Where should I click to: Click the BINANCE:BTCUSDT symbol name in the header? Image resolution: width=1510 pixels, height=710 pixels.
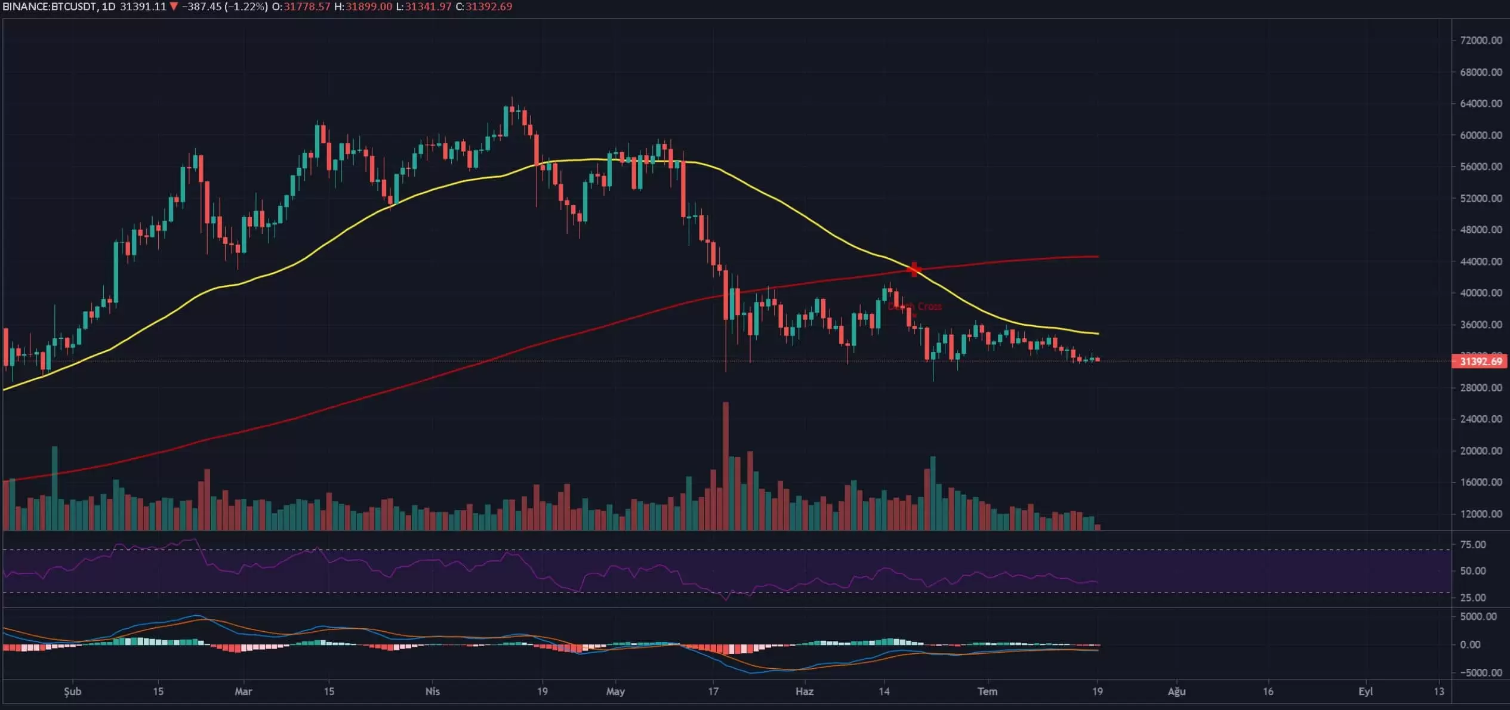pyautogui.click(x=48, y=7)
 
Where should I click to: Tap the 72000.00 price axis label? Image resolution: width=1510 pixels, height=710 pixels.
pyautogui.click(x=1481, y=41)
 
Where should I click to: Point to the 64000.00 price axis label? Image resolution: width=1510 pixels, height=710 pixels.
pyautogui.click(x=1481, y=104)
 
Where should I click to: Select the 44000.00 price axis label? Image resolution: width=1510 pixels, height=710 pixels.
pyautogui.click(x=1481, y=261)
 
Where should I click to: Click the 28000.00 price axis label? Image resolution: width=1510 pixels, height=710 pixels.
pyautogui.click(x=1481, y=388)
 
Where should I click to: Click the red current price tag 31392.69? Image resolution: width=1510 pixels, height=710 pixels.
pyautogui.click(x=1481, y=362)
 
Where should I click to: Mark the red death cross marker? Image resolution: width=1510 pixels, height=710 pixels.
pyautogui.click(x=914, y=270)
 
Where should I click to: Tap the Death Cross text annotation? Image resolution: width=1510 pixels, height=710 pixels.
pyautogui.click(x=915, y=307)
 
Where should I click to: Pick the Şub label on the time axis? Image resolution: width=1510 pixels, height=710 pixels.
pyautogui.click(x=73, y=692)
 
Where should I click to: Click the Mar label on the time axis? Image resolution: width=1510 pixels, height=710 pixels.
pyautogui.click(x=244, y=692)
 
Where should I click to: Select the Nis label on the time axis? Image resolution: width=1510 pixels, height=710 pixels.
pyautogui.click(x=432, y=692)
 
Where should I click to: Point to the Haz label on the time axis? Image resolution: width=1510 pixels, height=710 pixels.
pyautogui.click(x=805, y=692)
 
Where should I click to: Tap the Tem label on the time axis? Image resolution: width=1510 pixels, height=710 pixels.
pyautogui.click(x=987, y=692)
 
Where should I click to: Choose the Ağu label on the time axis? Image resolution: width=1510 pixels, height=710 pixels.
pyautogui.click(x=1176, y=692)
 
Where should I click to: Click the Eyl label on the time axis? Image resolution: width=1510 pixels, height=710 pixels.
pyautogui.click(x=1366, y=692)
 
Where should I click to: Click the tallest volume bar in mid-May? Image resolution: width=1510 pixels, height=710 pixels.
pyautogui.click(x=726, y=465)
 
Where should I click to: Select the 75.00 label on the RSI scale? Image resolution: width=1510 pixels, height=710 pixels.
pyautogui.click(x=1473, y=545)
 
